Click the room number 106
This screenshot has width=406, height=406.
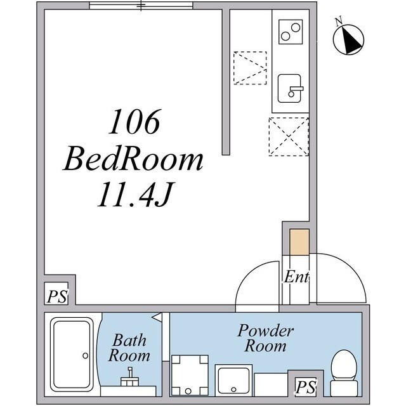click(134, 121)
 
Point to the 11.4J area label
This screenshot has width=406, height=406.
click(136, 194)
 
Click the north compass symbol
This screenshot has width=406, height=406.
click(348, 39)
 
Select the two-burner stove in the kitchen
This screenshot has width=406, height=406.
click(291, 32)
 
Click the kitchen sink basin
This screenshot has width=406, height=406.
click(289, 89)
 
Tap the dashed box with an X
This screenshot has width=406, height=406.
click(289, 136)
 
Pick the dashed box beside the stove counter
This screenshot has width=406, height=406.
click(250, 68)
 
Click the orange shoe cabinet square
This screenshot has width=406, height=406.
click(299, 242)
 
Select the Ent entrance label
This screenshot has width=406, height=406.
click(296, 277)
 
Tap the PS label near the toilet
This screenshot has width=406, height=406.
click(306, 387)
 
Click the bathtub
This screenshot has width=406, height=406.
click(72, 355)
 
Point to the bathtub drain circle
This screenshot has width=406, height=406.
click(86, 356)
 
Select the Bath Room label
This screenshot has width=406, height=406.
click(129, 348)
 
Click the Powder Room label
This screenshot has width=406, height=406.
click(266, 338)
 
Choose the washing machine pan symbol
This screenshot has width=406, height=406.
click(190, 375)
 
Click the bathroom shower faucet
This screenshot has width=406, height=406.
click(129, 377)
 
